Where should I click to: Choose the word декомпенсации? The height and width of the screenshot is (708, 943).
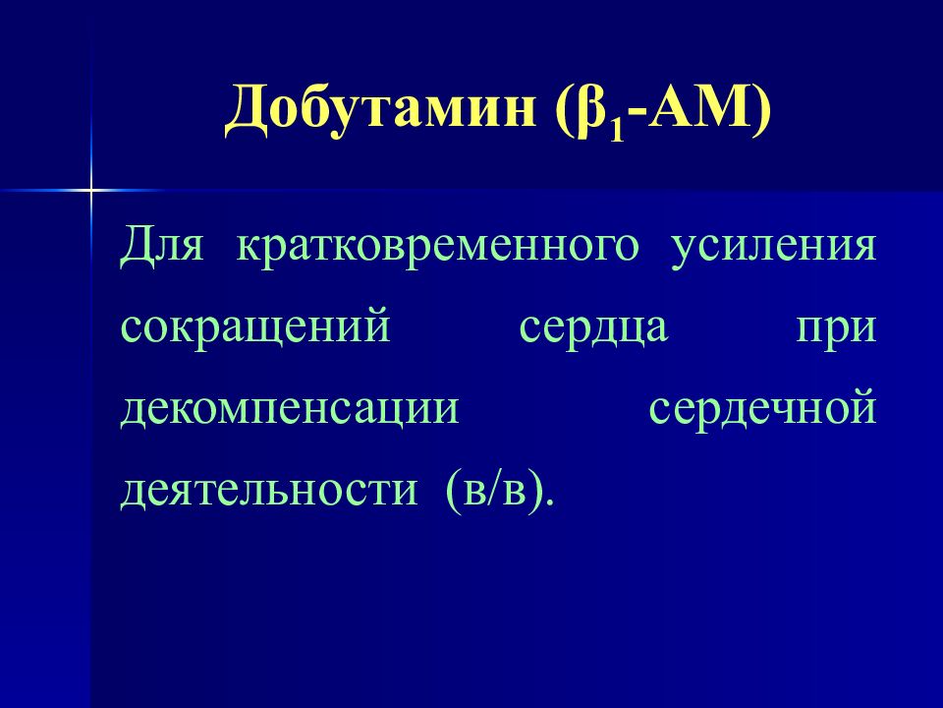tap(291, 407)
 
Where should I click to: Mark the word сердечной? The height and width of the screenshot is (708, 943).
tap(760, 407)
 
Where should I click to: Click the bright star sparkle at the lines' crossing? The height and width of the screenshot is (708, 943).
tap(90, 188)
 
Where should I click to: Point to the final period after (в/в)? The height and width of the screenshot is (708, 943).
tap(549, 501)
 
